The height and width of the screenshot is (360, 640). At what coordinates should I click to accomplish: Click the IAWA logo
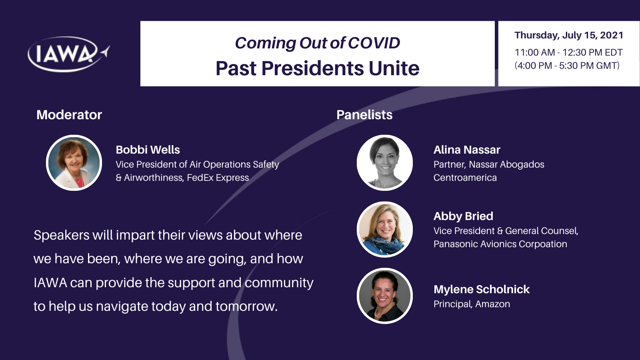[68, 54]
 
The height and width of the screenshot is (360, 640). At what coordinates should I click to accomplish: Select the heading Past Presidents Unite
[318, 68]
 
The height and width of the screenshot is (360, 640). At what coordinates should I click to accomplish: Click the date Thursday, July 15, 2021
[568, 35]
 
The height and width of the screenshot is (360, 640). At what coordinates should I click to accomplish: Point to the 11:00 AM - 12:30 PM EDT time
[568, 52]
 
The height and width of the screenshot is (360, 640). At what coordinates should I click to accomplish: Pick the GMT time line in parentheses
[567, 66]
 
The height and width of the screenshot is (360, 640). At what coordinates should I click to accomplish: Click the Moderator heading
[69, 115]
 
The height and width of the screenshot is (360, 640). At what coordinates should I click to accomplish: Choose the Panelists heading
[364, 115]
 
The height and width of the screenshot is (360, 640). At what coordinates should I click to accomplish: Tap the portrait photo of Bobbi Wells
[74, 163]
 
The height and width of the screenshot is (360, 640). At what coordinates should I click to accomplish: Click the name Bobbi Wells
[148, 150]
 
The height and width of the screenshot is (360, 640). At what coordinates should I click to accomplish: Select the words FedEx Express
[218, 178]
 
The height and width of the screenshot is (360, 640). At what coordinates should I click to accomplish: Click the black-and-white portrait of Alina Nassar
[384, 163]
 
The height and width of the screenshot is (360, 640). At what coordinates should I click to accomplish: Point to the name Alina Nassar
[467, 150]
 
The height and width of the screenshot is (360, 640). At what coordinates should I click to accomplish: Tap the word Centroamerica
[465, 178]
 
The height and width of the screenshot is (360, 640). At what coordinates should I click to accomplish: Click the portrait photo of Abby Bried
[384, 230]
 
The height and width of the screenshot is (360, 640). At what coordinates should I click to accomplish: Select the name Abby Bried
[464, 216]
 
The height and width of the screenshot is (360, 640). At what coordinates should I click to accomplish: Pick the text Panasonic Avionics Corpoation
[500, 244]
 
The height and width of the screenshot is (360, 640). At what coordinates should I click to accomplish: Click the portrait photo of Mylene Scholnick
[384, 296]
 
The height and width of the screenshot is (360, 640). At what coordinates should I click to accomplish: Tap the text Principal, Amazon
[472, 304]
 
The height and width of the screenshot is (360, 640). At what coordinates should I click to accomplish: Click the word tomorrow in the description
[246, 306]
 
